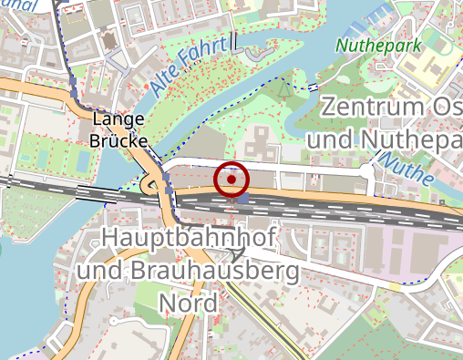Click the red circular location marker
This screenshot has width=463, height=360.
(x=231, y=180)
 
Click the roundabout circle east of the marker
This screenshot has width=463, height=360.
(x=368, y=170)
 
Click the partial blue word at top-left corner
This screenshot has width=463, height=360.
(x=14, y=5)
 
